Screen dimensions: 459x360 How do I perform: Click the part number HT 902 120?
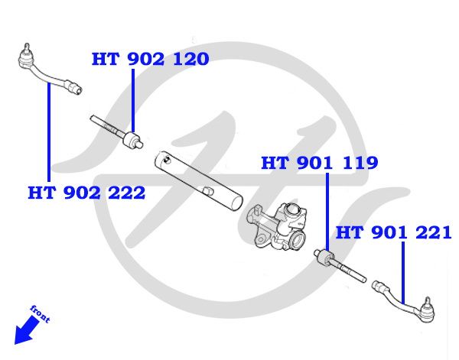click(150, 59)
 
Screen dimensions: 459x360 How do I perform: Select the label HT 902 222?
click(86, 193)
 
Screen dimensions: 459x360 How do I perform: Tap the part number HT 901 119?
click(319, 163)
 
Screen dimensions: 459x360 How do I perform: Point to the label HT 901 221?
click(393, 233)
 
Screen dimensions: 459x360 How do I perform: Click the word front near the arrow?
click(41, 313)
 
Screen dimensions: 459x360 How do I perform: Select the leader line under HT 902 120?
click(133, 100)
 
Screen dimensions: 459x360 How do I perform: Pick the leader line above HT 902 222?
click(49, 132)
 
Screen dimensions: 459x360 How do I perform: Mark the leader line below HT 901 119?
click(327, 212)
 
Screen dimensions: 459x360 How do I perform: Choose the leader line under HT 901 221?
click(403, 273)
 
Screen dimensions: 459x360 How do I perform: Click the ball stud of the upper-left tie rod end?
click(27, 48)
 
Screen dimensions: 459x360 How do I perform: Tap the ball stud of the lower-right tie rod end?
click(428, 303)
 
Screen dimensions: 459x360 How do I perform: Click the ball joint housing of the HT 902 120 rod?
click(132, 140)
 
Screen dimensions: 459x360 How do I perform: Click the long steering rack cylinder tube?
click(199, 180)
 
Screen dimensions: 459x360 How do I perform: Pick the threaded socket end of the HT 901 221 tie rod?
click(380, 286)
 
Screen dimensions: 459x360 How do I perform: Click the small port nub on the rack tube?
click(207, 190)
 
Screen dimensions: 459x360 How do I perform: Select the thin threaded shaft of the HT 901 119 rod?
click(350, 271)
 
